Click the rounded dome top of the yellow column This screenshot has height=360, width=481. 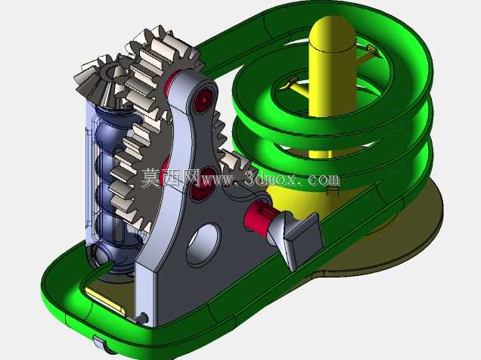coord(332,33)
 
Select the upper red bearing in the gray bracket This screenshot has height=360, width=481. coord(203,100)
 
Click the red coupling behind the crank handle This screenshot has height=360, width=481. coord(257,216)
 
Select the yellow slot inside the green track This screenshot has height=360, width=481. coord(105,301)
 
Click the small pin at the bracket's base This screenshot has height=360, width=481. coord(141,318)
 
